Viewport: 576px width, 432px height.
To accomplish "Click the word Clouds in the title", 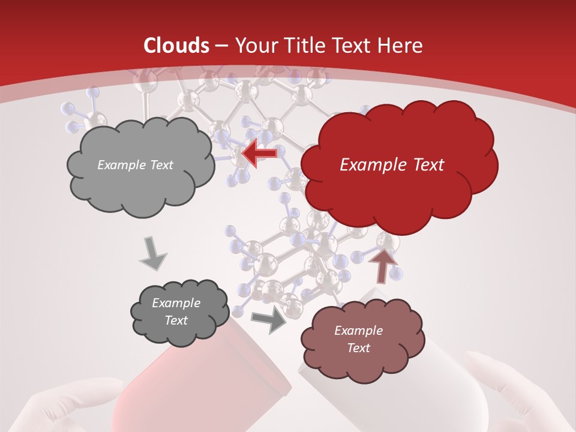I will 176,46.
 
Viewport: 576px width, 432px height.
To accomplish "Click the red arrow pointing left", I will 260,154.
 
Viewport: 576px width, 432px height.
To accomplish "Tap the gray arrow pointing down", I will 153,253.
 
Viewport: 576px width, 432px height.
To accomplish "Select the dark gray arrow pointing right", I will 269,320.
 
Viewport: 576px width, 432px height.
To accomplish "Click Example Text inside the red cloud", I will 392,165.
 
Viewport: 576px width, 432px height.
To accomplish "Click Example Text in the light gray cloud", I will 135,165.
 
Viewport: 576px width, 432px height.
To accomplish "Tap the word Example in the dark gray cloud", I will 176,303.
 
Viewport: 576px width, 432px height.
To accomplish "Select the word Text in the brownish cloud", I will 358,348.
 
